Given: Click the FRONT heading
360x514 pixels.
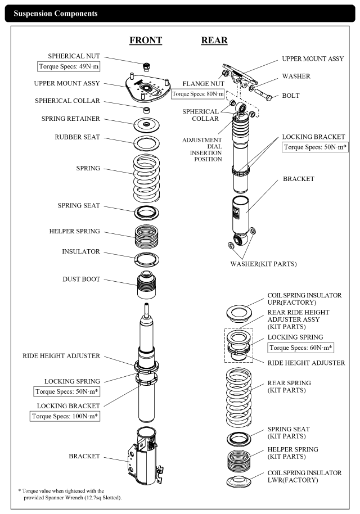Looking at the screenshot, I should pyautogui.click(x=146, y=40).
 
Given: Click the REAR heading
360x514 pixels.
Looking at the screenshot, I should pyautogui.click(x=214, y=40).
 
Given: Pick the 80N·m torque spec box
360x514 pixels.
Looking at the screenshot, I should pyautogui.click(x=197, y=94).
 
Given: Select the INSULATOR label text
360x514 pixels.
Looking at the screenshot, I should pyautogui.click(x=81, y=251).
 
